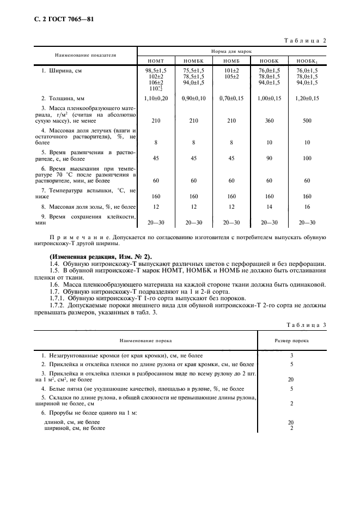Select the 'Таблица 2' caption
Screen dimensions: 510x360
(x=306, y=41)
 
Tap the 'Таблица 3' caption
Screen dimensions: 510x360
(x=306, y=325)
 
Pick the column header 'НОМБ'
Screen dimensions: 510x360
(x=231, y=61)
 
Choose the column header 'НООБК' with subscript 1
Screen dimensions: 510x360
(x=307, y=61)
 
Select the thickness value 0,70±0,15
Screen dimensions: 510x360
(x=231, y=98)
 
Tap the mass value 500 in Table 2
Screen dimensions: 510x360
(x=307, y=121)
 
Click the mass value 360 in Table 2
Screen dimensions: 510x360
(x=269, y=121)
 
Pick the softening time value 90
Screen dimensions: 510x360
(x=269, y=159)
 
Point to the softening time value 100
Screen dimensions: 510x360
(x=307, y=159)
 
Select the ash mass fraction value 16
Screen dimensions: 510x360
(x=307, y=207)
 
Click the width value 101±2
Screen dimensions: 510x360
(x=231, y=71)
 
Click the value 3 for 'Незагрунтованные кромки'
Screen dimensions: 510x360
(x=292, y=355)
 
